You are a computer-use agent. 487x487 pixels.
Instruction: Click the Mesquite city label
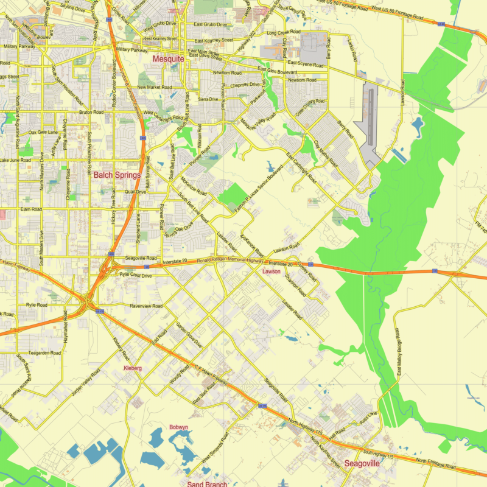click(x=168, y=59)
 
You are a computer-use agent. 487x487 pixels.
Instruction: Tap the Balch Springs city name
click(x=117, y=175)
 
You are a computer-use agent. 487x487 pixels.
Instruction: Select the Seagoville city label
click(x=362, y=463)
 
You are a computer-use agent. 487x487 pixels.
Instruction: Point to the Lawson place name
click(x=271, y=272)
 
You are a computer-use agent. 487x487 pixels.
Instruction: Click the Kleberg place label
click(x=132, y=368)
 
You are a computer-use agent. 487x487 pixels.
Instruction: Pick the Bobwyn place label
click(x=178, y=427)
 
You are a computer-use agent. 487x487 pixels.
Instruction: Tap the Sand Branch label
click(x=207, y=484)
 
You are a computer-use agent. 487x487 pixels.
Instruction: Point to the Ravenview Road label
click(x=145, y=306)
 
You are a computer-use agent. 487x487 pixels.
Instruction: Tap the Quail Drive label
click(x=135, y=191)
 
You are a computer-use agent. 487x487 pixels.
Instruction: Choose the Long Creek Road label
click(x=284, y=32)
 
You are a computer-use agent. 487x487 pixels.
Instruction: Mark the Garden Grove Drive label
click(x=189, y=335)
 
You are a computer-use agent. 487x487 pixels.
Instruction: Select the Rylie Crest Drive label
click(x=135, y=276)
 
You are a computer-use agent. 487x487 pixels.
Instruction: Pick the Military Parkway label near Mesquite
click(x=131, y=49)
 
